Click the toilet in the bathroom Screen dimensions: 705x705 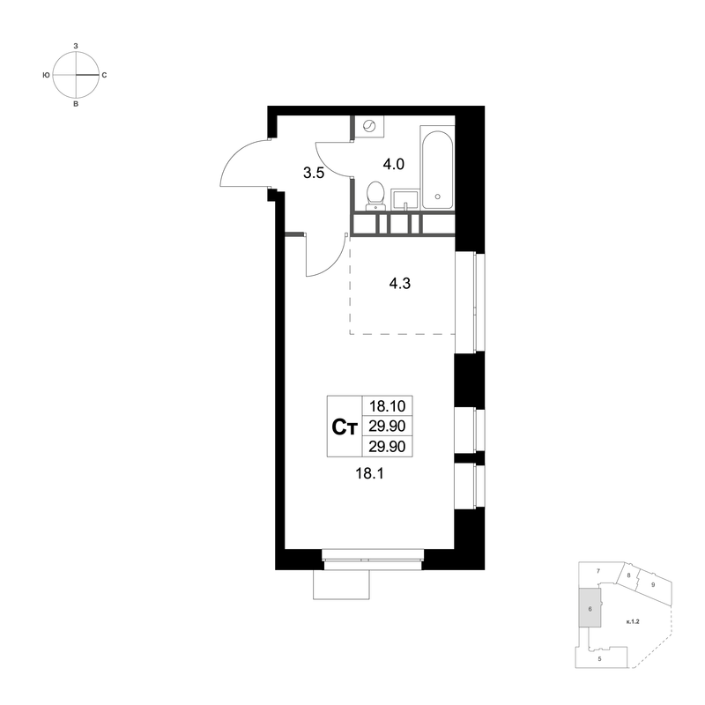point(375,196)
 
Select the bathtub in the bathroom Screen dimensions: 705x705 point(437,167)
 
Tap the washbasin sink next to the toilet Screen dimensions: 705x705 point(404,200)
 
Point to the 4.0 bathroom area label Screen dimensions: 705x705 point(393,165)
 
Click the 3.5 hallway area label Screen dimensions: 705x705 point(314,173)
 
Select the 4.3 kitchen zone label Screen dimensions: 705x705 point(400,284)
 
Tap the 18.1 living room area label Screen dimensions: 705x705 point(369,473)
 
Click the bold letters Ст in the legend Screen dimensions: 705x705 point(344,427)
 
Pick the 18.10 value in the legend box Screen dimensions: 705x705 point(387,406)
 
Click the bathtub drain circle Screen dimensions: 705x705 point(437,196)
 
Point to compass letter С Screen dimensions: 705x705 point(104,75)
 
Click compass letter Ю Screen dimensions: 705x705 point(46,75)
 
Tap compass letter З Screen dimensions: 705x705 point(76,46)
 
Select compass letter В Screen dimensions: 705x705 point(76,104)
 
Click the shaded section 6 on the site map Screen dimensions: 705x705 point(590,607)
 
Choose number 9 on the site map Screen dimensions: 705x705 point(653,585)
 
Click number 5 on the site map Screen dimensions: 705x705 point(599,659)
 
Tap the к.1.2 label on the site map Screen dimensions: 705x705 point(633,622)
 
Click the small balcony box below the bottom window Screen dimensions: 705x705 point(341,584)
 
